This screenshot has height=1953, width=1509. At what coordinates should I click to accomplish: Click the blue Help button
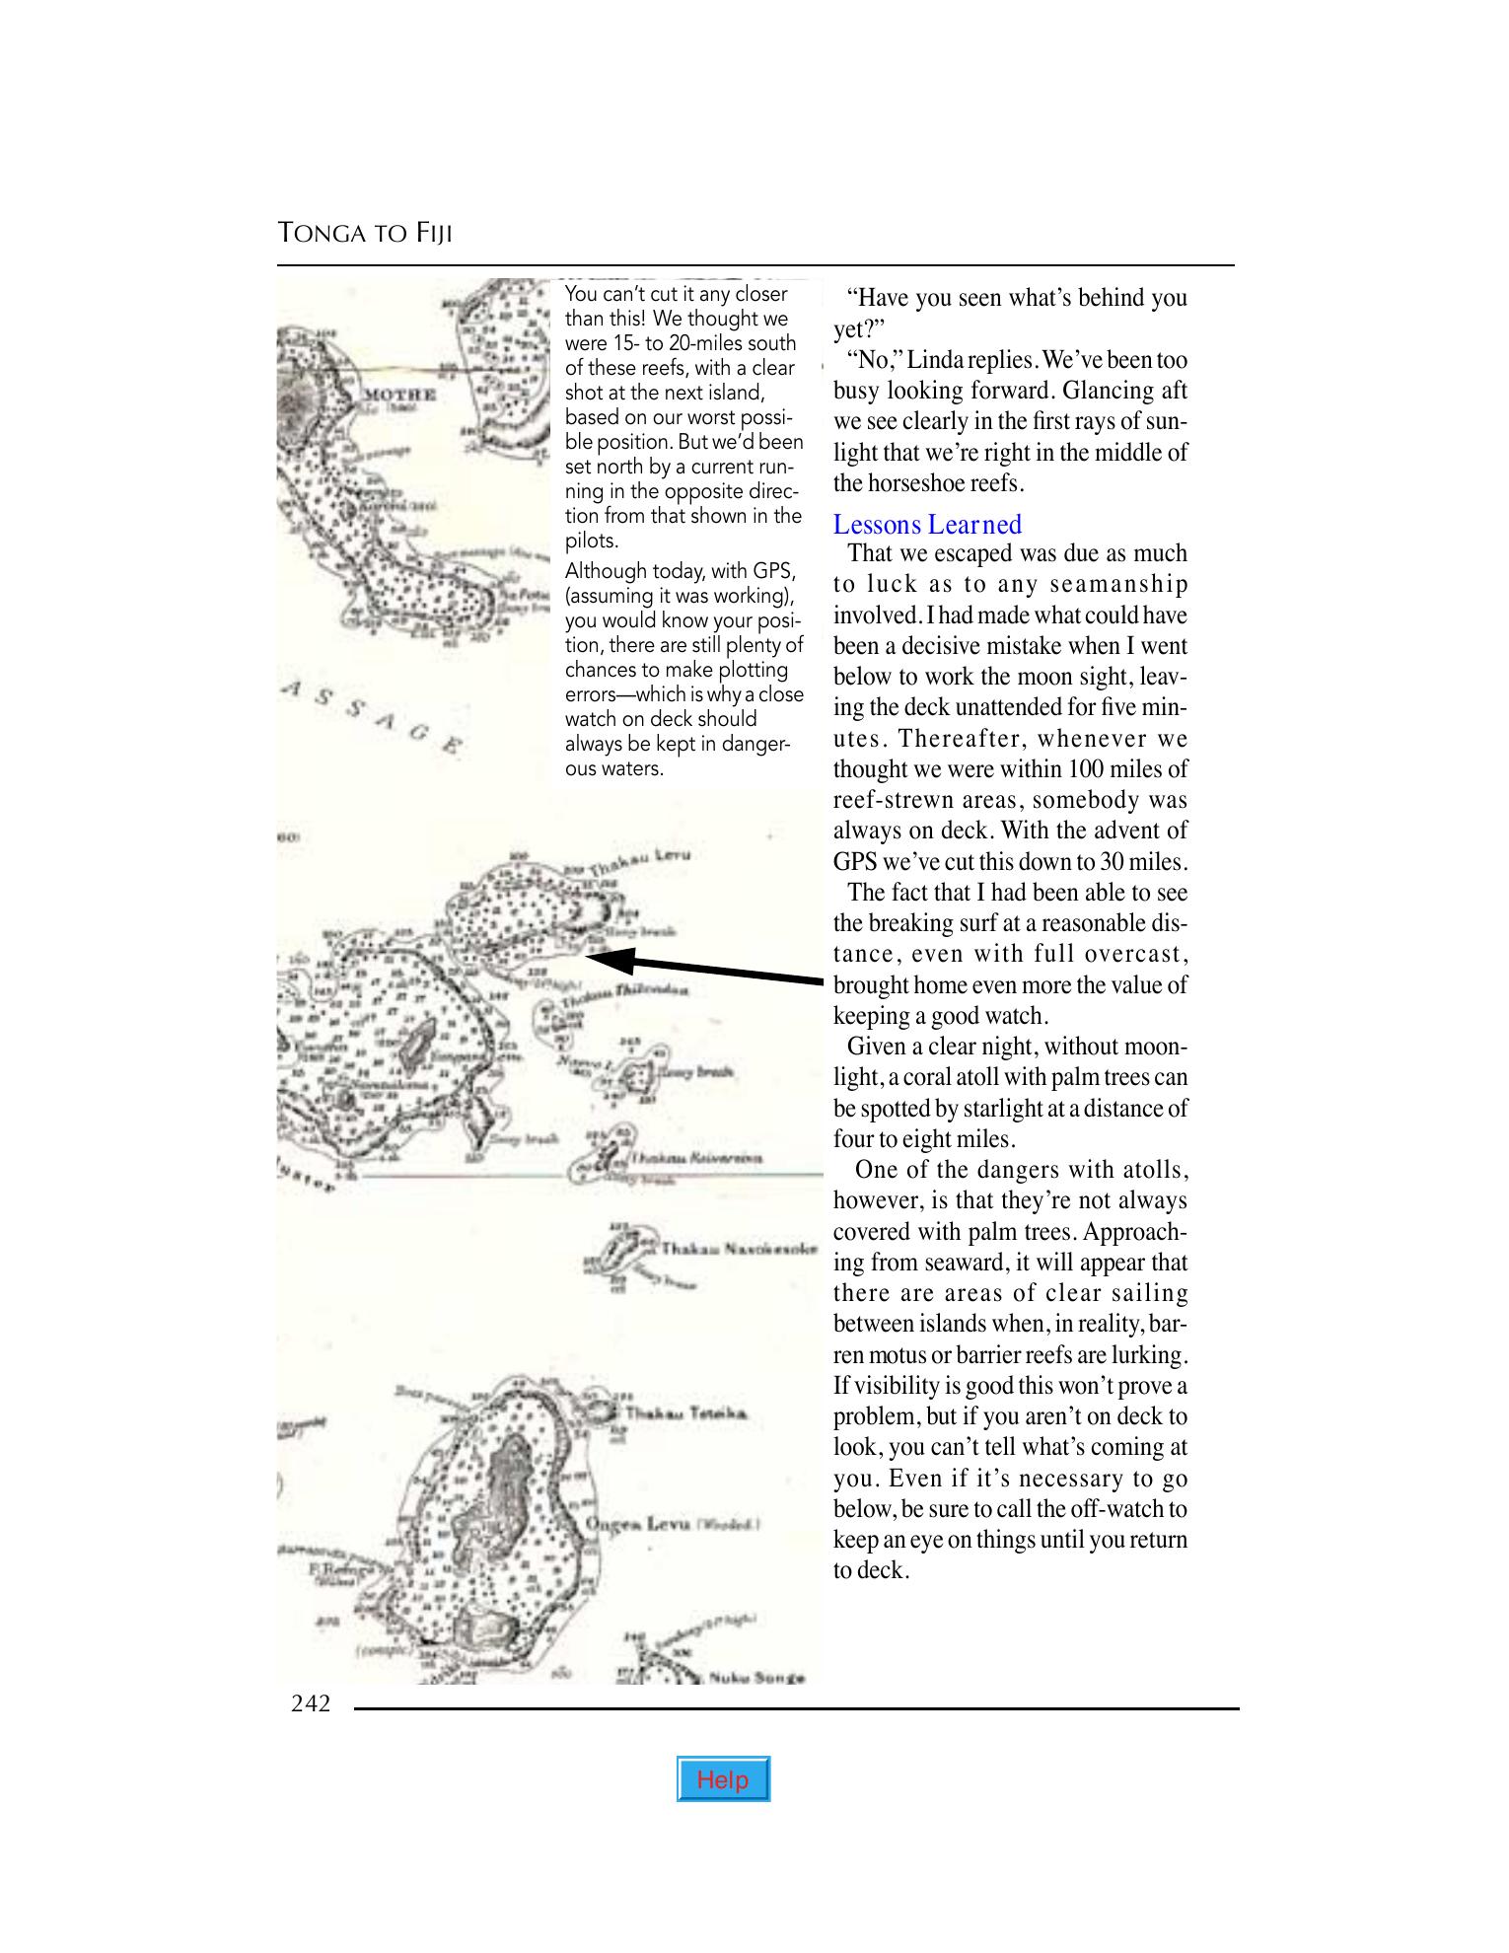click(723, 1779)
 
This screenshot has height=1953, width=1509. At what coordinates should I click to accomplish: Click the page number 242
click(311, 1703)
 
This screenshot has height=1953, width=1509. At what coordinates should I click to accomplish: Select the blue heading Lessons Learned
click(927, 525)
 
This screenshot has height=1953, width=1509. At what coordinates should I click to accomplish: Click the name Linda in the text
click(935, 360)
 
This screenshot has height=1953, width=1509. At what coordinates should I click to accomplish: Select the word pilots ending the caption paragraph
click(591, 541)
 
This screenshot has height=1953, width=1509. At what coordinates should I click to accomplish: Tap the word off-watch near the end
click(1118, 1509)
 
